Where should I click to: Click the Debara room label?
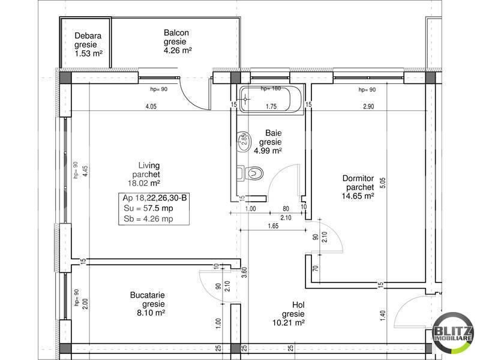click(88, 36)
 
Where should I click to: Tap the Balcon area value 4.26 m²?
click(178, 51)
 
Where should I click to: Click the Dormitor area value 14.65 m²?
click(358, 196)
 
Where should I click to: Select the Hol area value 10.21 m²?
click(289, 323)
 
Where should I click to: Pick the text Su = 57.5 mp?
click(148, 208)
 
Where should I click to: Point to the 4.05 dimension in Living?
click(151, 107)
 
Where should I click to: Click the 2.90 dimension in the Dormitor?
click(368, 107)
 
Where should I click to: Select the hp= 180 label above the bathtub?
click(271, 89)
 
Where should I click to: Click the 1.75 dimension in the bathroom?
click(271, 107)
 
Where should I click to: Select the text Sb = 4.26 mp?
click(148, 219)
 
